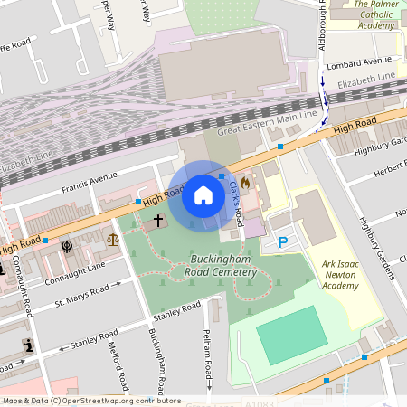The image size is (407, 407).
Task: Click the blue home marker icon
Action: tap(203, 195)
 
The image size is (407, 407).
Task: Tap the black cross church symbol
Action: tap(157, 220)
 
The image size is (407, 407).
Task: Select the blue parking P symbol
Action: tap(283, 241)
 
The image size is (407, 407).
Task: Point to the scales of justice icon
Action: tap(113, 240)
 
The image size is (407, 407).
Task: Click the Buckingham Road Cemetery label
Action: tap(217, 265)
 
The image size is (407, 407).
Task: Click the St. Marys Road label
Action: tap(87, 294)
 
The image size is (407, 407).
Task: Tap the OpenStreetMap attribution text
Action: tap(80, 400)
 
